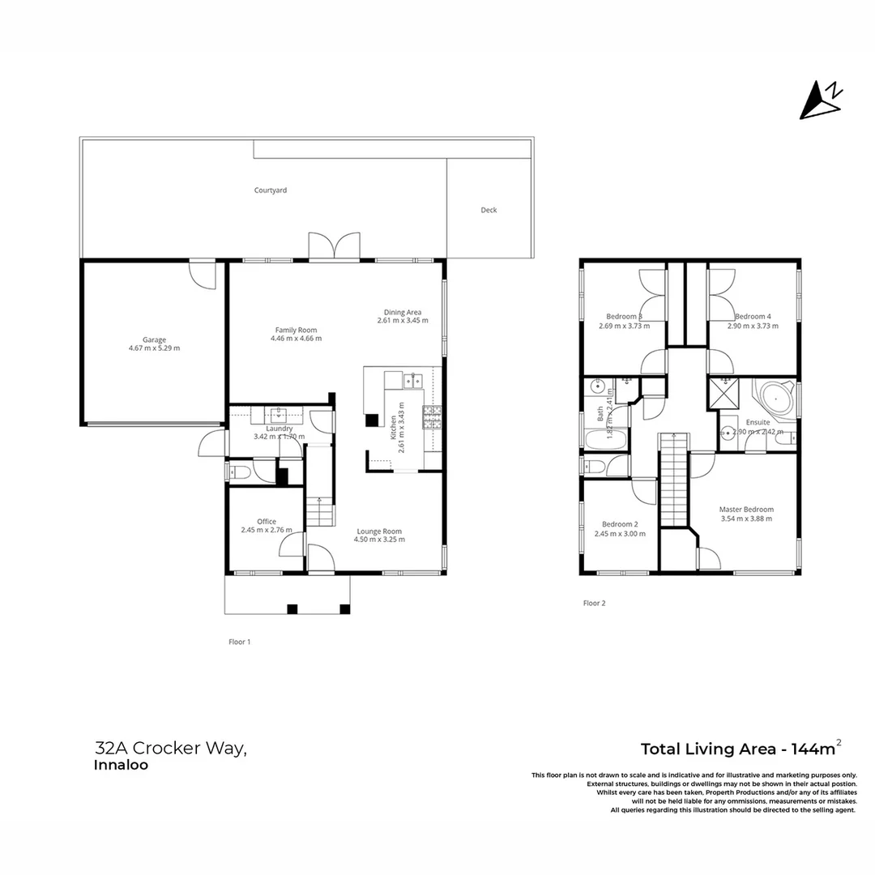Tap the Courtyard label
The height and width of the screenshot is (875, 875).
[271, 190]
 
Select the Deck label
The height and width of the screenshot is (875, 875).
[489, 210]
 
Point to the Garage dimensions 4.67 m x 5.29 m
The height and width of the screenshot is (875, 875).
[154, 348]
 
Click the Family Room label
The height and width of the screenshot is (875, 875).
[296, 330]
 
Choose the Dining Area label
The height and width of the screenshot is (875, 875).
[403, 312]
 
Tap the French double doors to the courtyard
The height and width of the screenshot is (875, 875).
[334, 246]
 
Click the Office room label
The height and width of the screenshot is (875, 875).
[267, 522]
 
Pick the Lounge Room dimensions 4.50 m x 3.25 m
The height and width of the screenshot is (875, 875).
[381, 540]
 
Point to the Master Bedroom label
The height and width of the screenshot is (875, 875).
[746, 510]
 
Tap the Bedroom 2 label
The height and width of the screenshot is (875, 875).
[620, 524]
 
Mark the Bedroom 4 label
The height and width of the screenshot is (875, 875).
[753, 316]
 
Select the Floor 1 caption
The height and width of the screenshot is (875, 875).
[239, 642]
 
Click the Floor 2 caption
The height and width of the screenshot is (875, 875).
[594, 603]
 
